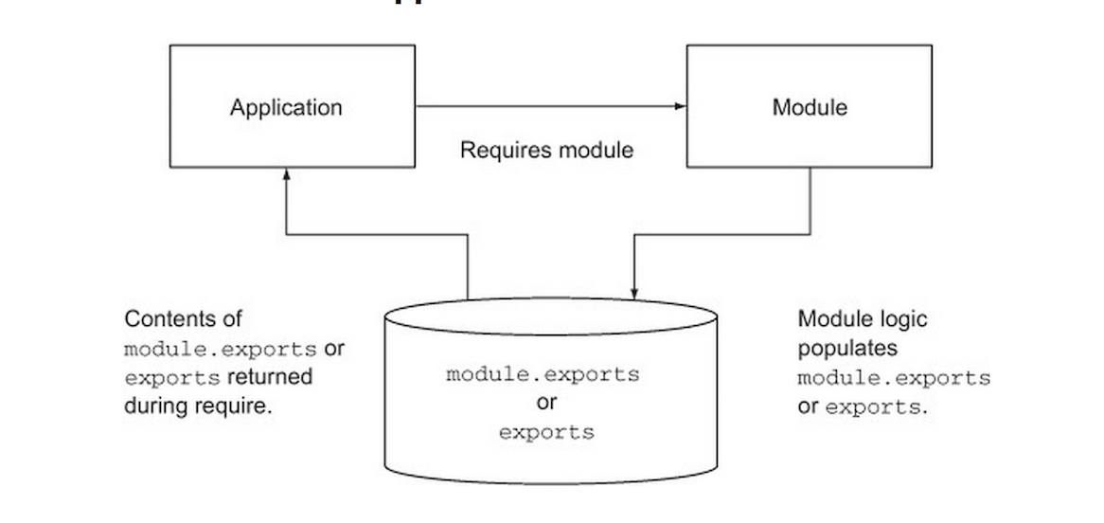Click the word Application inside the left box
coord(286,107)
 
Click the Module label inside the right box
coord(810,107)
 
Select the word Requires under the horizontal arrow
coord(498,150)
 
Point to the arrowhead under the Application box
coord(286,174)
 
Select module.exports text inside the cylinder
coord(543,373)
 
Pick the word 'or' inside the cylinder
coord(546,403)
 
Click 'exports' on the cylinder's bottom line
coord(546,432)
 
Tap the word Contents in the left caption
coord(163,318)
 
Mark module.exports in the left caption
coord(221,349)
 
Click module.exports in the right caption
coord(894,378)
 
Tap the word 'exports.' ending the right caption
coord(876,408)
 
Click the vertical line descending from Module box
coord(810,199)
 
